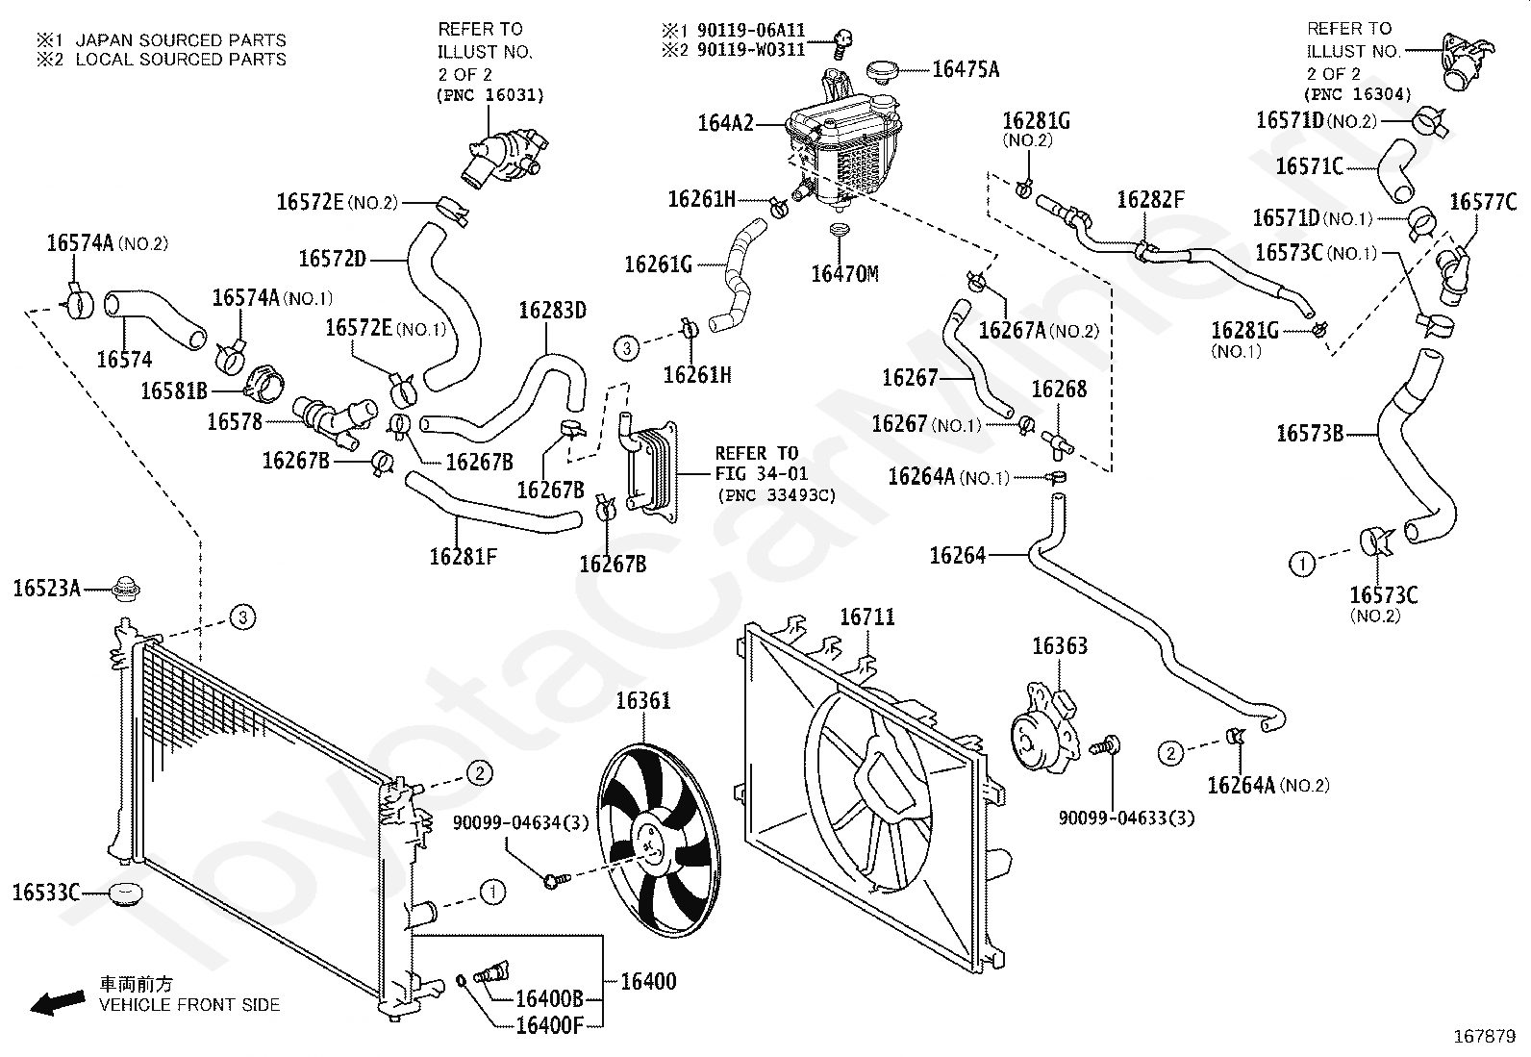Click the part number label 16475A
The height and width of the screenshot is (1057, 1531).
pyautogui.click(x=966, y=69)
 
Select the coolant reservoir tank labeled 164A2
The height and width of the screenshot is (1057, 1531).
pyautogui.click(x=844, y=150)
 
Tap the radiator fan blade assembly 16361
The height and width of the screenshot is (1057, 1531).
pyautogui.click(x=658, y=841)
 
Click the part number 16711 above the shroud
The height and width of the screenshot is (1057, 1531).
pyautogui.click(x=866, y=617)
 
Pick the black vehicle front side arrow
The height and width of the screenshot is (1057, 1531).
pyautogui.click(x=58, y=1002)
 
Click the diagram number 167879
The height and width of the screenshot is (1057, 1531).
pyautogui.click(x=1484, y=1037)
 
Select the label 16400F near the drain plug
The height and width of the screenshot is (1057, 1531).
pyautogui.click(x=549, y=1025)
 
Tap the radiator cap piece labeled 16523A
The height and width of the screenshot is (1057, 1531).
pyautogui.click(x=126, y=589)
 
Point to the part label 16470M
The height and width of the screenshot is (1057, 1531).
pyautogui.click(x=844, y=273)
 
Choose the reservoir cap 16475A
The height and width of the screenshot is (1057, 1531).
pyautogui.click(x=886, y=70)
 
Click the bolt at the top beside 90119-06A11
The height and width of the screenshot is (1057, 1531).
pyautogui.click(x=842, y=42)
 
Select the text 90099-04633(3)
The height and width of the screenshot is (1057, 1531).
pyautogui.click(x=1126, y=818)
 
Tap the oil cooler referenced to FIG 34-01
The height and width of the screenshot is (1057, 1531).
pyautogui.click(x=648, y=471)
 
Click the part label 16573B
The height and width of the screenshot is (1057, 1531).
pyautogui.click(x=1310, y=434)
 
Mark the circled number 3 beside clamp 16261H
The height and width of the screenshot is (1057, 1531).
pyautogui.click(x=627, y=348)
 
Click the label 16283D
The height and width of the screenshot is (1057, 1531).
pyautogui.click(x=552, y=311)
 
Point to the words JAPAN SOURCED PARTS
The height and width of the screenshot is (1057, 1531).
pyautogui.click(x=181, y=40)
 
